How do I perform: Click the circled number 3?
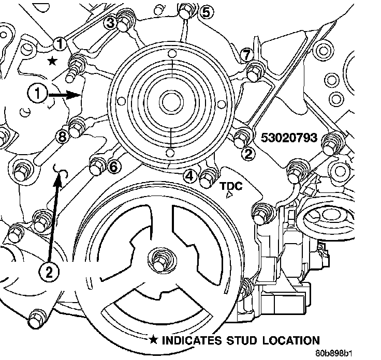click(x=110, y=22)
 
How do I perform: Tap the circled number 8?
click(x=62, y=137)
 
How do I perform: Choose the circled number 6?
click(x=114, y=166)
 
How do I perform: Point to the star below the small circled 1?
click(x=52, y=61)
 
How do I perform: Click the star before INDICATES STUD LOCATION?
click(x=154, y=340)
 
